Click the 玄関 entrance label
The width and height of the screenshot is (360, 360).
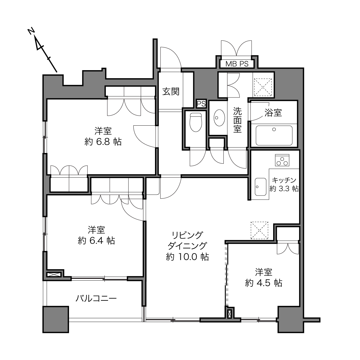point(171,91)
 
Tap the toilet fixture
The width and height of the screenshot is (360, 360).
point(196,122)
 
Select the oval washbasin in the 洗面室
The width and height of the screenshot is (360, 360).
point(219,118)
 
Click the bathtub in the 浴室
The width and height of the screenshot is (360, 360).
point(274,135)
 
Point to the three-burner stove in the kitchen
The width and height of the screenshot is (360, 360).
point(282,160)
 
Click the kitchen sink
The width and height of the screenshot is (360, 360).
point(261,187)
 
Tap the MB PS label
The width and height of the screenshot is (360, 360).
point(237,64)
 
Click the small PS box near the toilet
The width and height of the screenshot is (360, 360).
point(201,104)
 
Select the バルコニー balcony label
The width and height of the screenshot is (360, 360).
point(96,298)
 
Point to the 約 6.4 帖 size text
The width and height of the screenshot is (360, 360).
point(96,241)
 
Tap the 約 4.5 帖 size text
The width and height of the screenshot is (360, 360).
point(264,283)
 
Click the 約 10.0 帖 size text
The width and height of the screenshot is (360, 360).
point(187,257)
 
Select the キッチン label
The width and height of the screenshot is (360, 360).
point(284,180)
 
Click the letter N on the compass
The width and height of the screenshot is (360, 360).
point(31,31)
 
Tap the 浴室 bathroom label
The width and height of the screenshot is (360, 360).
point(273,113)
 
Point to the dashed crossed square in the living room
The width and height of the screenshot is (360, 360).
point(259,230)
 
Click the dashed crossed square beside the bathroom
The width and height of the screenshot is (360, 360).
point(263,87)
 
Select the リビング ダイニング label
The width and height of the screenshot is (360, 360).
point(187,240)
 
